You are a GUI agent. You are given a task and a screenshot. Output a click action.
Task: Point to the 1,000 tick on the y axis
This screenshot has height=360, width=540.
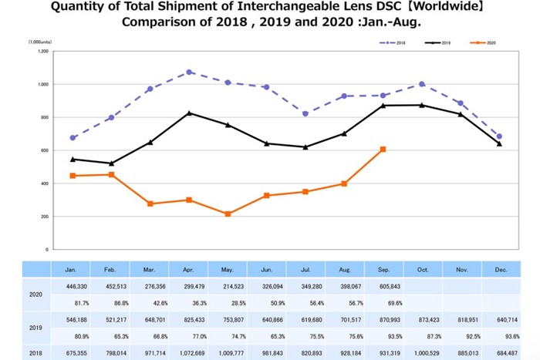[x=43, y=84]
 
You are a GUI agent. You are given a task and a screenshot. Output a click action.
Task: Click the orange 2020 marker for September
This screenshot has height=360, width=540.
[x=383, y=149]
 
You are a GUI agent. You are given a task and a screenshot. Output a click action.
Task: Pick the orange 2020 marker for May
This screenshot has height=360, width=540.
[x=228, y=214]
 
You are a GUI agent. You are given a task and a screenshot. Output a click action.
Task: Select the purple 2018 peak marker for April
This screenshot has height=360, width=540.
[x=190, y=72]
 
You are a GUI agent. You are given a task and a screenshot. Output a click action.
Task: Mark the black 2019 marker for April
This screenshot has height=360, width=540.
[x=190, y=113]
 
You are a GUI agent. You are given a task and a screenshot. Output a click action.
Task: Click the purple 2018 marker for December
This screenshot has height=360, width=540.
[x=499, y=136]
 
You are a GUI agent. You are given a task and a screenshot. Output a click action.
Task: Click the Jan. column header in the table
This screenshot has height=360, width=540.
[x=71, y=269]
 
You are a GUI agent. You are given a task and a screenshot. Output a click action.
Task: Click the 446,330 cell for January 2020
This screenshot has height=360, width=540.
[x=71, y=284]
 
